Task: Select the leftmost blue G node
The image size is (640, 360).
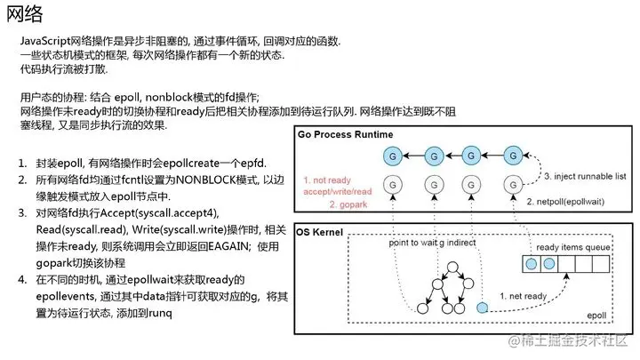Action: [x=392, y=156]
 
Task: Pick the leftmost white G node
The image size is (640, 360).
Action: [x=392, y=186]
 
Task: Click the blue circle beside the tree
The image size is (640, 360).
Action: [x=483, y=308]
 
